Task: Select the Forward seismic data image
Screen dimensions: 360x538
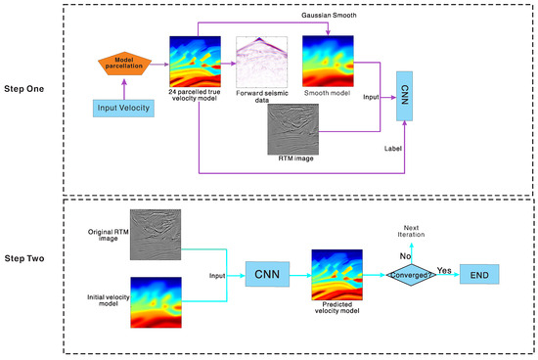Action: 260,62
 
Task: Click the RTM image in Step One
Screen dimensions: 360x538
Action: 292,129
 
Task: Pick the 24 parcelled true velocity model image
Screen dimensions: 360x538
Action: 195,62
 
